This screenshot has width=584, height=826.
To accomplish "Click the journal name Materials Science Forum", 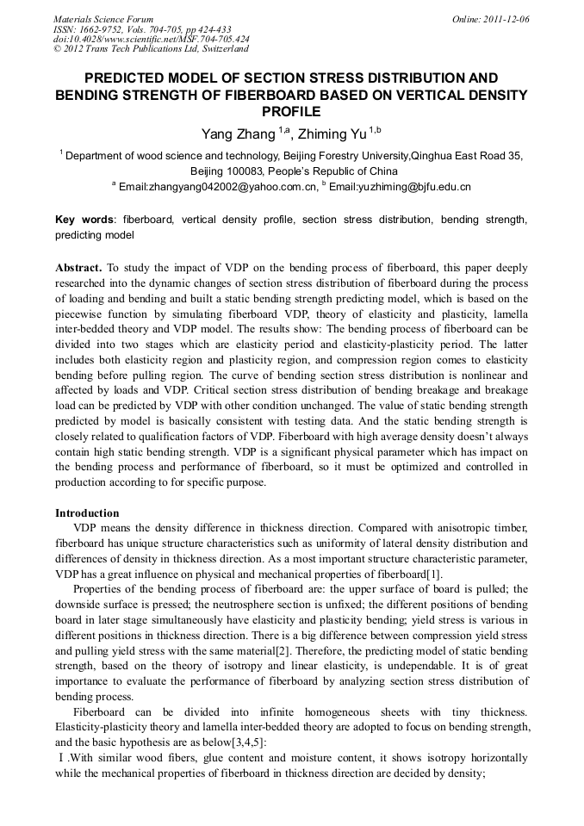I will click(x=103, y=19).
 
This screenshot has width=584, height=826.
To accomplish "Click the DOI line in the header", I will click(x=151, y=40).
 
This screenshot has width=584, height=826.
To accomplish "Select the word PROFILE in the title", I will click(x=291, y=111).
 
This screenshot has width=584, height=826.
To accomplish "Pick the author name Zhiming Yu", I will click(x=332, y=134).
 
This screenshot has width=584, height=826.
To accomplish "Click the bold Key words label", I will click(x=84, y=220).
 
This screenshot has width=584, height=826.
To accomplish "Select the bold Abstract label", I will click(x=78, y=269).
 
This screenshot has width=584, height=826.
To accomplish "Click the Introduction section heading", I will click(x=87, y=513).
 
